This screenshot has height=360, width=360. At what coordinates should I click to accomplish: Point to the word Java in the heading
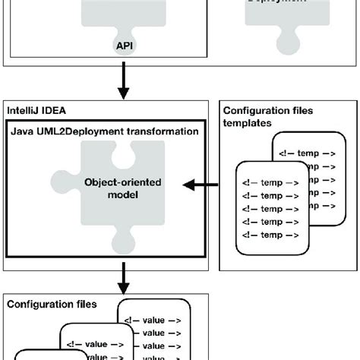pos(23,131)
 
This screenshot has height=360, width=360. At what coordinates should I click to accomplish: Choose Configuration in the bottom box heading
pos(36,305)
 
